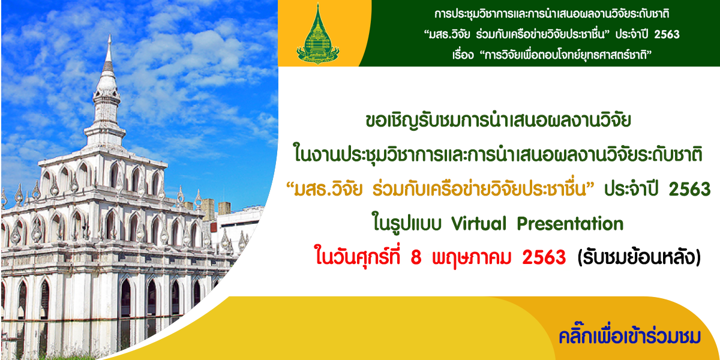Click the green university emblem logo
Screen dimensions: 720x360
tap(317, 34)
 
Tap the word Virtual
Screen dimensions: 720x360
tap(479, 223)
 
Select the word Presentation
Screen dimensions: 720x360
tap(570, 223)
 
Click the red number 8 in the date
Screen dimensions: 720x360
tap(416, 258)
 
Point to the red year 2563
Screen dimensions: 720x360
tap(544, 258)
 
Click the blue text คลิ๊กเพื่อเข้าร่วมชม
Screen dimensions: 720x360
tap(629, 337)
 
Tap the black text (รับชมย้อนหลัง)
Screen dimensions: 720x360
tap(639, 258)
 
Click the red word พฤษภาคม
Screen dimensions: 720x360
tap(472, 258)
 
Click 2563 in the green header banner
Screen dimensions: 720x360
tap(667, 34)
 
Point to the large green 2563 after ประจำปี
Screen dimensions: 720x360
tap(689, 189)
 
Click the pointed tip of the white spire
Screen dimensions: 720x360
tap(110, 35)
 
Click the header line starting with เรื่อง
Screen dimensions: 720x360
tap(551, 55)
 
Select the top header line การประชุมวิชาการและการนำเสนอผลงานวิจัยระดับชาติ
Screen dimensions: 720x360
tap(551, 14)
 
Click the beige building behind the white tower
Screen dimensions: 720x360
tap(208, 209)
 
